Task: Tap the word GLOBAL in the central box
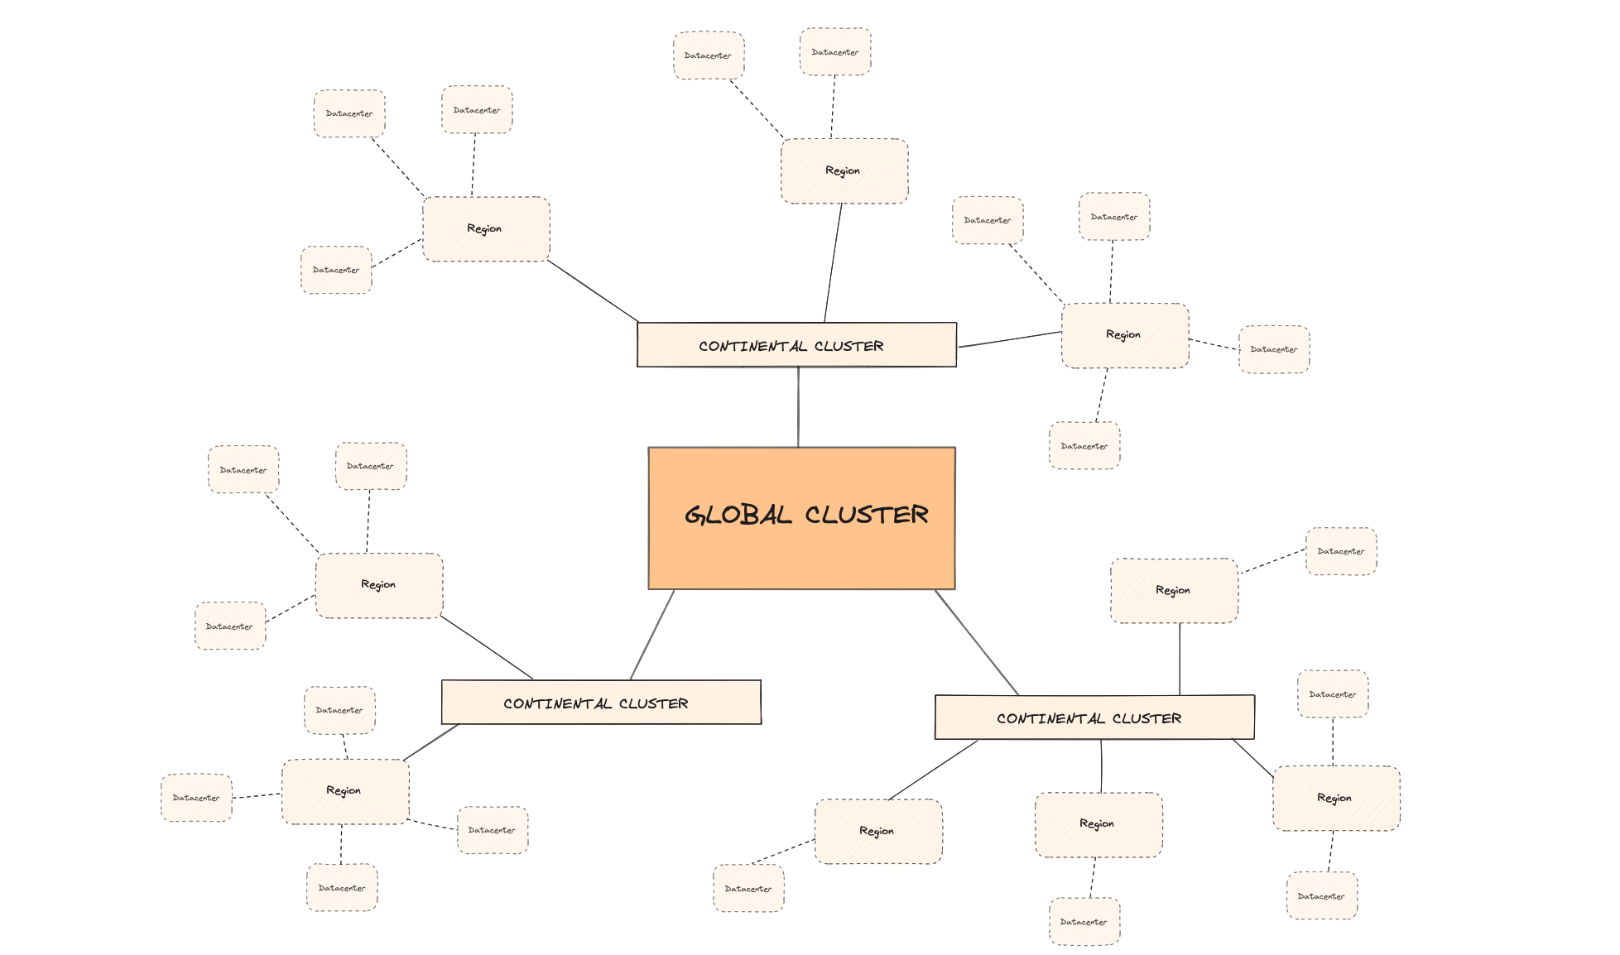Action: point(738,515)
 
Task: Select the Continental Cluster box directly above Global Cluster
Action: point(796,345)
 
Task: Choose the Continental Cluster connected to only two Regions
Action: point(601,703)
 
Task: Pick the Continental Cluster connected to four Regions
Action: point(1094,717)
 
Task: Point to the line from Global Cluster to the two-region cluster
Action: point(652,635)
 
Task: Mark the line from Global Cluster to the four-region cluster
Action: point(977,642)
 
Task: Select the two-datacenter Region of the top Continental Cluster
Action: point(844,171)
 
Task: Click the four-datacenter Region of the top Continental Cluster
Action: point(1125,335)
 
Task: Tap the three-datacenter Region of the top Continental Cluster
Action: point(486,229)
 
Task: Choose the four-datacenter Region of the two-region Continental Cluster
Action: point(345,792)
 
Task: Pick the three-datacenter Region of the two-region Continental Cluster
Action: point(379,586)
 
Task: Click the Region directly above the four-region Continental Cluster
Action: point(1174,591)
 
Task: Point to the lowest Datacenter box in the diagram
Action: point(1084,922)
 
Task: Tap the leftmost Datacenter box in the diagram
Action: point(196,798)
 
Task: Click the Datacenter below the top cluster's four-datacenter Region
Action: point(1084,446)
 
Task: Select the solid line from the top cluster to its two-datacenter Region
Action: point(833,263)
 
